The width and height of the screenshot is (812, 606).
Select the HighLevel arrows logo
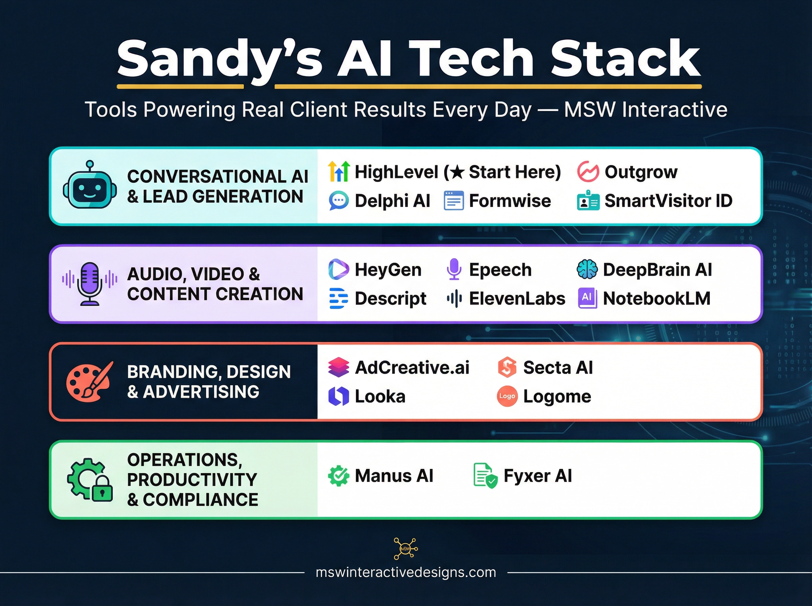pos(339,172)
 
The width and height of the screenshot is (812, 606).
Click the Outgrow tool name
pos(641,172)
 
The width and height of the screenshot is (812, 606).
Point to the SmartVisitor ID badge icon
pos(588,201)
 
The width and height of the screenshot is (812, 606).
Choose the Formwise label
pos(510,201)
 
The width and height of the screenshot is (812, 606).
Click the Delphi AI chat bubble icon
pos(338,201)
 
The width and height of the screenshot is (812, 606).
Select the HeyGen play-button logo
pos(338,270)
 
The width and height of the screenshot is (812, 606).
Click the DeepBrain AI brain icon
pos(587,270)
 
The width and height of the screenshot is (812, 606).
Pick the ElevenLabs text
pos(517,299)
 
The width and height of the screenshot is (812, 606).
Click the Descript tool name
pos(390,299)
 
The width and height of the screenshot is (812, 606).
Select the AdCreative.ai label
pos(412,368)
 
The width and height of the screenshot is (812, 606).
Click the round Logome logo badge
pos(507,396)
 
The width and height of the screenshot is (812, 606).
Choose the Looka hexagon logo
pos(338,396)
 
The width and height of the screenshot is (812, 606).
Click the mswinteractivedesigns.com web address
pos(405,572)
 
